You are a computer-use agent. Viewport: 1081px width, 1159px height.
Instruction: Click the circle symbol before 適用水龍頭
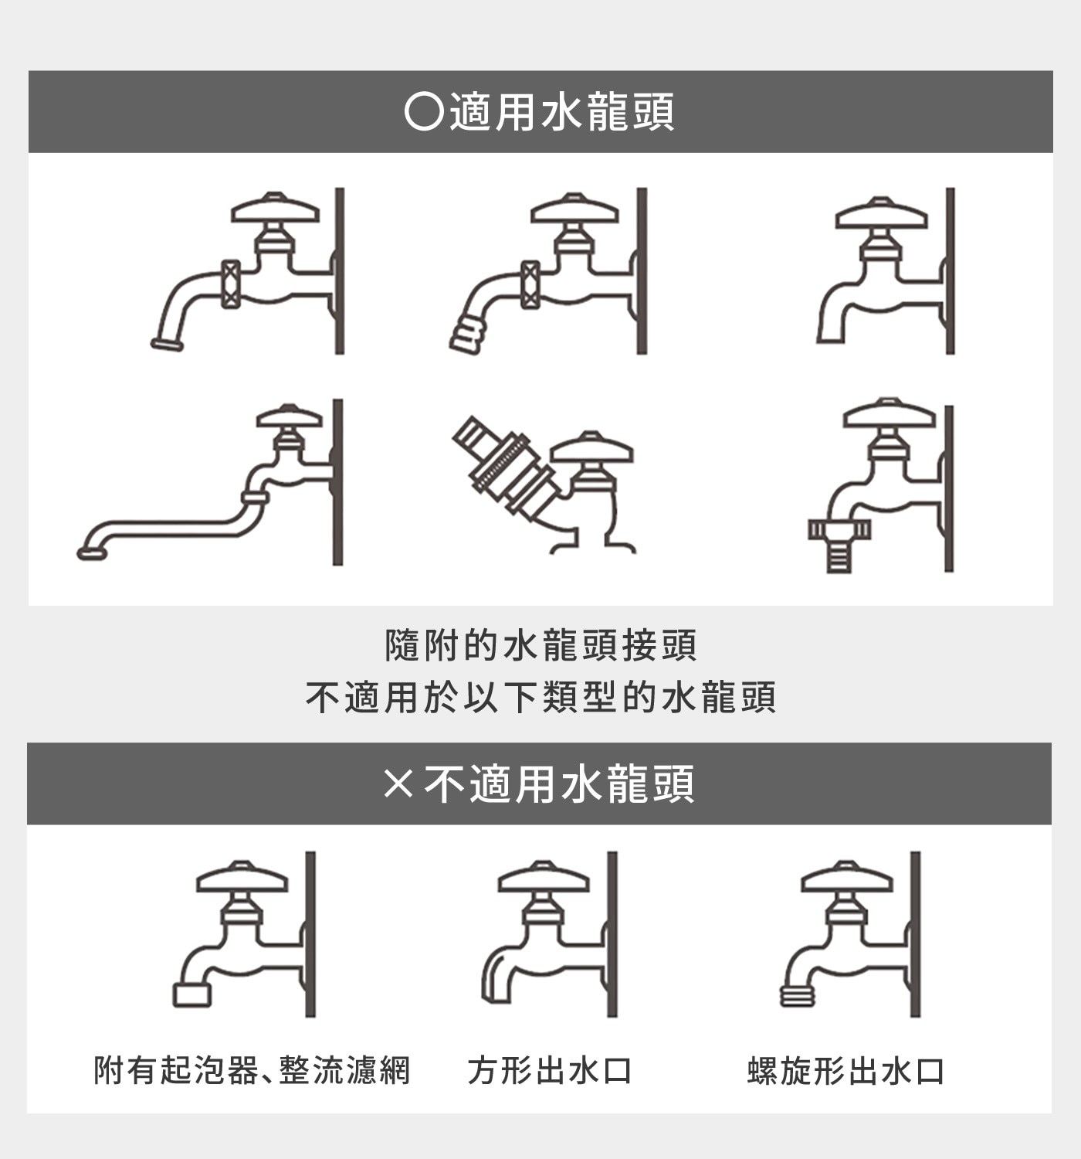(x=424, y=112)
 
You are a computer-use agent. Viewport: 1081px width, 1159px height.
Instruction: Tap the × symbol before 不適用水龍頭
(x=398, y=783)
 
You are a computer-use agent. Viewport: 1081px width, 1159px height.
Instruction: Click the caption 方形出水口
(x=550, y=1071)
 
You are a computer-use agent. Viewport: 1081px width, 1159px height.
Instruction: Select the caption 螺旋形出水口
(x=846, y=1071)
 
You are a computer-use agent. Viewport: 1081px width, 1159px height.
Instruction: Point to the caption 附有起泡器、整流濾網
(x=252, y=1071)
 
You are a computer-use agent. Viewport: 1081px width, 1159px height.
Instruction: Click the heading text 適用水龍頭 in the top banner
(x=562, y=112)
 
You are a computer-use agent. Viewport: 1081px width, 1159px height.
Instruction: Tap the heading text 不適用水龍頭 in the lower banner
(x=560, y=783)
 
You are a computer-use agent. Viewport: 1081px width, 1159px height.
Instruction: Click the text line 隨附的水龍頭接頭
(x=540, y=646)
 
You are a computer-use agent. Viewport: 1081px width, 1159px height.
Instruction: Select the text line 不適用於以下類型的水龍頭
(x=540, y=697)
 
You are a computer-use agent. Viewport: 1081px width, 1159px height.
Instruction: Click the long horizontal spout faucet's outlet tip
(x=92, y=552)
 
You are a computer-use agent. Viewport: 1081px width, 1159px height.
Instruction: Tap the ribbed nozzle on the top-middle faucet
(x=468, y=335)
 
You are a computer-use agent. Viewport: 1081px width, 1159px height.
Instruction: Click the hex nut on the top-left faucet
(x=230, y=284)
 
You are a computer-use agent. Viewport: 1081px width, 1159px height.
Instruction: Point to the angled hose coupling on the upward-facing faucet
(x=504, y=467)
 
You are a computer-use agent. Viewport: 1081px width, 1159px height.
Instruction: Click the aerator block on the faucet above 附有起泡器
(x=192, y=994)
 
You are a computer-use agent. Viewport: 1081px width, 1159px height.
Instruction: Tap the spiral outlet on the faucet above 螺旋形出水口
(x=798, y=997)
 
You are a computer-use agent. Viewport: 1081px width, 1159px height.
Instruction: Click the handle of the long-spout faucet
(x=289, y=418)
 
